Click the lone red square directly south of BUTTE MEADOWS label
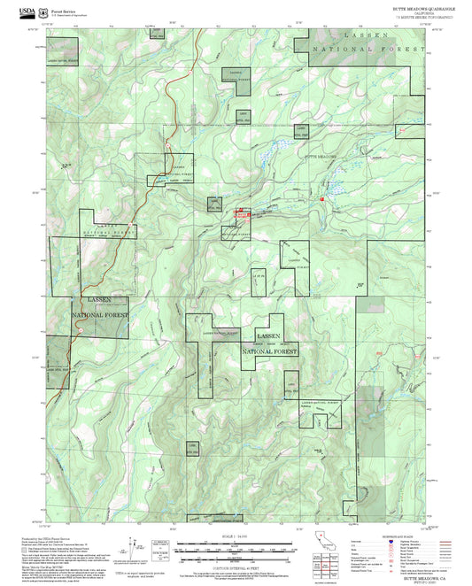(322, 199)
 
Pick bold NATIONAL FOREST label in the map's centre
(270, 351)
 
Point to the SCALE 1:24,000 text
(236, 536)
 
